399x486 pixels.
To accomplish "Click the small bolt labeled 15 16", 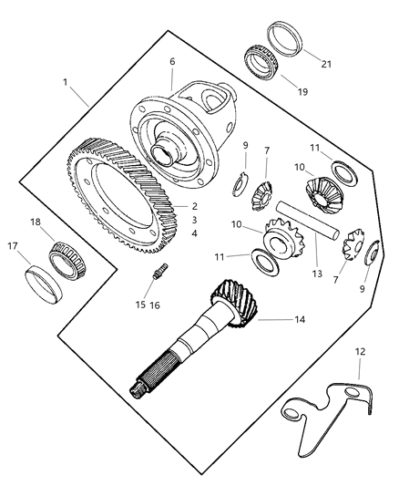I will (x=160, y=272).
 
